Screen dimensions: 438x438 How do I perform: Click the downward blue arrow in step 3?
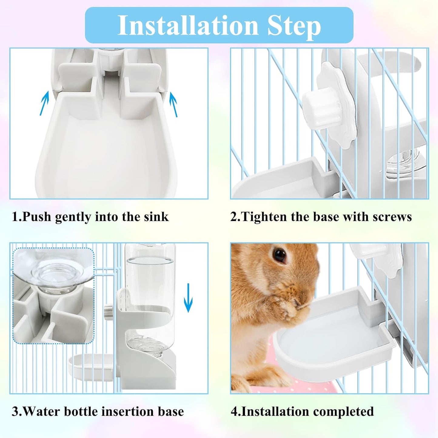click(x=188, y=297)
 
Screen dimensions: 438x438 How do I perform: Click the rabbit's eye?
click(x=279, y=255)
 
